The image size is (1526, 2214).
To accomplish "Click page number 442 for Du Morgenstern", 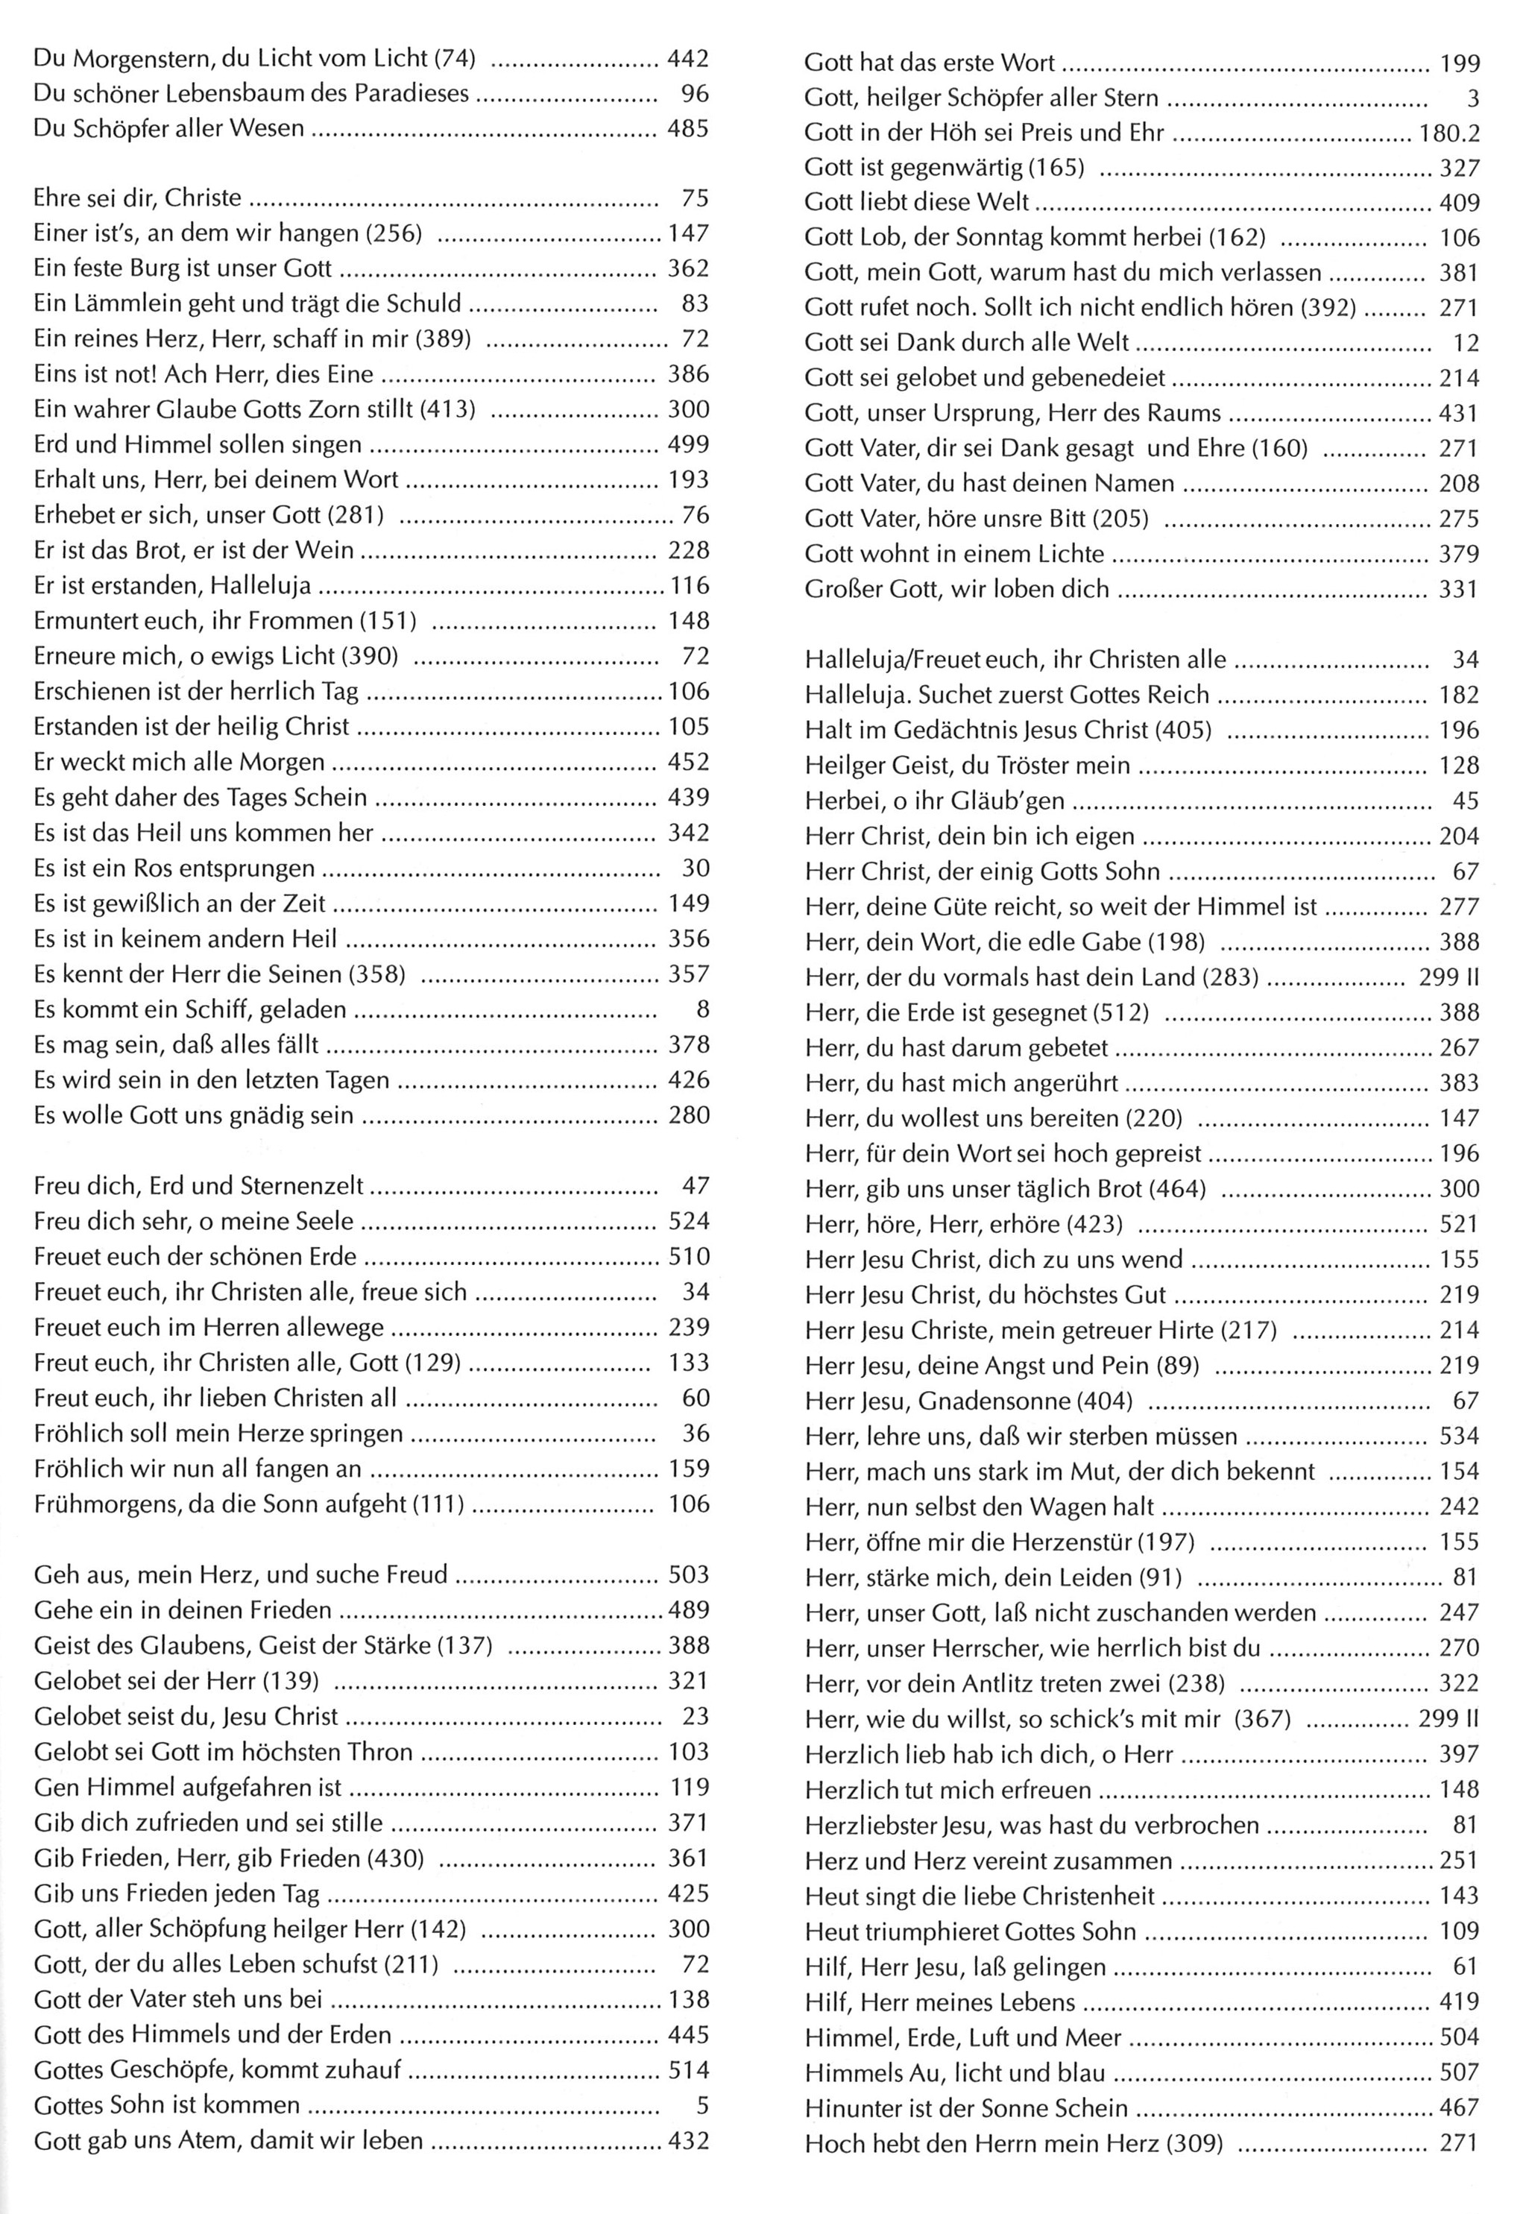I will pyautogui.click(x=687, y=58).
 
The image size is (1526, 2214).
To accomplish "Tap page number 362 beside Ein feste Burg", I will pyautogui.click(x=687, y=268).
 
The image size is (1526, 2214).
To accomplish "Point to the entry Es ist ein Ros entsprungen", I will pyautogui.click(x=174, y=868).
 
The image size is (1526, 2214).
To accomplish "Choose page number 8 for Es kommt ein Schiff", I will pyautogui.click(x=701, y=1009).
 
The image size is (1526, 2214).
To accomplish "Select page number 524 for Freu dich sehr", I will pyautogui.click(x=687, y=1221).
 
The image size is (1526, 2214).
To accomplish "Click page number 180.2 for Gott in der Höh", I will pyautogui.click(x=1448, y=133).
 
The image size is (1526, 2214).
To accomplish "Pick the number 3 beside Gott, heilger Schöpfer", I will pyautogui.click(x=1472, y=98).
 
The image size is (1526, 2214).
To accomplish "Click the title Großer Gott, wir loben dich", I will pyautogui.click(x=956, y=589).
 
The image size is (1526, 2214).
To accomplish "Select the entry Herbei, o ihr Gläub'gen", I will pyautogui.click(x=934, y=801).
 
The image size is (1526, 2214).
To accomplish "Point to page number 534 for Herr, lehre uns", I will pyautogui.click(x=1459, y=1436).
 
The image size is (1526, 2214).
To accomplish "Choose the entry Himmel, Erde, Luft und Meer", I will pyautogui.click(x=962, y=2037).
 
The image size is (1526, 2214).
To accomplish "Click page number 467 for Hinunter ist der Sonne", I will pyautogui.click(x=1459, y=2108).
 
